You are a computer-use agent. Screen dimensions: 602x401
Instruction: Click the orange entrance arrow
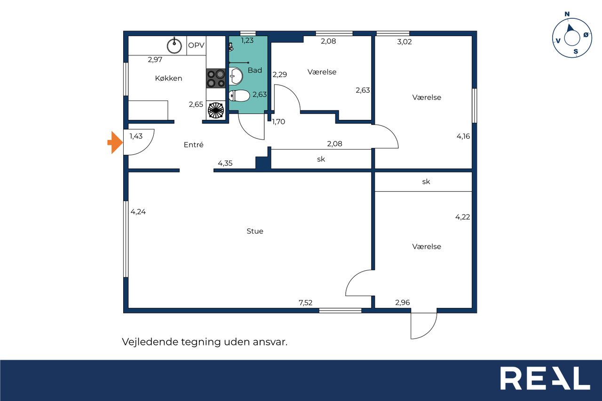[115, 142]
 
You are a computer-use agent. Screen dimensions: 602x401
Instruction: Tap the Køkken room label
[168, 78]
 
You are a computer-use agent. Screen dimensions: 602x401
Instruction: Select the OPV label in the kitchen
[196, 45]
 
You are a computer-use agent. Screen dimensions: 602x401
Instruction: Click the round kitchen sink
[174, 46]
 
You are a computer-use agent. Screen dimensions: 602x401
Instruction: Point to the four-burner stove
[216, 78]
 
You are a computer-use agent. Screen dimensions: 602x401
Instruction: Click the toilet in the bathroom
[239, 95]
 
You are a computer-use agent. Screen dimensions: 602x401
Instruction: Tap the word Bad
[255, 70]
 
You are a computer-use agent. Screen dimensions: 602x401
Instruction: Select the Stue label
[255, 231]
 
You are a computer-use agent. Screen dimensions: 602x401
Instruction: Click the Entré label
[193, 144]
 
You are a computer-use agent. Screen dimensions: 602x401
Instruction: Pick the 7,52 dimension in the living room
[306, 303]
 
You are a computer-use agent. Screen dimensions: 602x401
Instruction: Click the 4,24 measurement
[138, 212]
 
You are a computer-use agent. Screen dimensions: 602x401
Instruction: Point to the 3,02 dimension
[404, 42]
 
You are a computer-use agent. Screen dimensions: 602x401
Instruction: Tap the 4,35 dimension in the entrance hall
[225, 163]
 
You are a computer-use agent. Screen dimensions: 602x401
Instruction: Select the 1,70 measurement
[278, 122]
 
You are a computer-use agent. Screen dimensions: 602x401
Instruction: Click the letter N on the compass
[567, 14]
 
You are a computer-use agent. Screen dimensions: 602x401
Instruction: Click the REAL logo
[545, 378]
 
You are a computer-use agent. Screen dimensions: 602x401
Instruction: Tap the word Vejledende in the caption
[150, 342]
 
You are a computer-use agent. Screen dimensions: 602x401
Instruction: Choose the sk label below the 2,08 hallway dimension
[321, 159]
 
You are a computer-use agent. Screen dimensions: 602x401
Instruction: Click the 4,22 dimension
[462, 217]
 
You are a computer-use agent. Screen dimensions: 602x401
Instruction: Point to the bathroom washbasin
[236, 76]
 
